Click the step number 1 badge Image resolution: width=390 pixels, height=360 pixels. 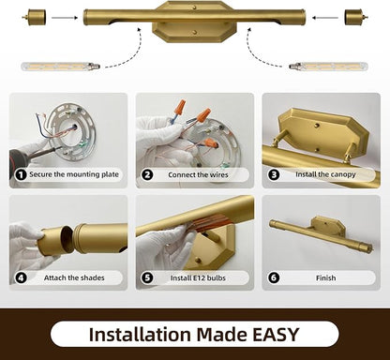21,174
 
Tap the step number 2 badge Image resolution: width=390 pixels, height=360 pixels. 147,174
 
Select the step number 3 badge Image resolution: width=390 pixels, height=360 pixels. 274,174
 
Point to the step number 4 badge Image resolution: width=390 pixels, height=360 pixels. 21,277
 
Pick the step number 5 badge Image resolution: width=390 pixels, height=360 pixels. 147,277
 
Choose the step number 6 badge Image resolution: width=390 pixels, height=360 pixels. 274,277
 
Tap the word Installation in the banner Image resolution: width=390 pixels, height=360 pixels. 140,335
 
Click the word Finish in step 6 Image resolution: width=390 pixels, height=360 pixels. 326,277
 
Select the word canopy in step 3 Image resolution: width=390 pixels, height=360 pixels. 342,175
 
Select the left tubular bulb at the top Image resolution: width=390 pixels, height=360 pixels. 61,67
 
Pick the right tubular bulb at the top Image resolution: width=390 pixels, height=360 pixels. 329,67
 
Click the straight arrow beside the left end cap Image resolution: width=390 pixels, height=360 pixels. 65,18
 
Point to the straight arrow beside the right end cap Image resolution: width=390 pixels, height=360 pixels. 325,18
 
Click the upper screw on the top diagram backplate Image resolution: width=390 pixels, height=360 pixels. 195,7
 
